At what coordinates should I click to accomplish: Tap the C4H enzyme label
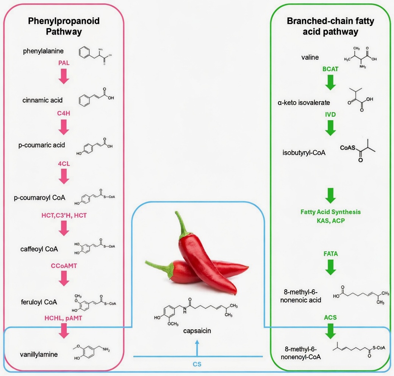pyautogui.click(x=64, y=113)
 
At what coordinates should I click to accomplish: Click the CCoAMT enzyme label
pyautogui.click(x=64, y=266)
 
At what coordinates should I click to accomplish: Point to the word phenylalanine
pyautogui.click(x=43, y=51)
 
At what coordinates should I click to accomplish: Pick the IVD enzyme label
pyautogui.click(x=330, y=114)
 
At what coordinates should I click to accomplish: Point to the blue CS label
pyautogui.click(x=197, y=364)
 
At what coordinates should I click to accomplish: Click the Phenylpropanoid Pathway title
pyautogui.click(x=64, y=26)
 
